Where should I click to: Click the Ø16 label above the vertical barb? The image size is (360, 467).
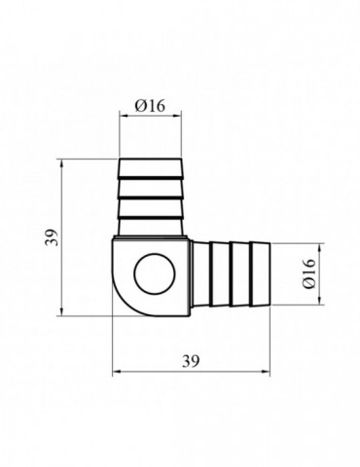[x=150, y=105]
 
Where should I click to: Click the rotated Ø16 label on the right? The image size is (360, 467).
[x=308, y=273]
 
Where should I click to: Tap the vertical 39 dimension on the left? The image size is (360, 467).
[x=52, y=237]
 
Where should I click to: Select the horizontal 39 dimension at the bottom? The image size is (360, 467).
[x=191, y=361]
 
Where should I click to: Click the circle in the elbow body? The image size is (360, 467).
[x=156, y=274]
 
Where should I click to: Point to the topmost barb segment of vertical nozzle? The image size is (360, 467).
[x=150, y=168]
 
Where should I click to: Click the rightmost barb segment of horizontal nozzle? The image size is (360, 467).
[x=260, y=274]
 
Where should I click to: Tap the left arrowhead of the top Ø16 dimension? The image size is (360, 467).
[x=123, y=115]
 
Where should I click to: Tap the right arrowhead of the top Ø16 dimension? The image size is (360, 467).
[x=178, y=115]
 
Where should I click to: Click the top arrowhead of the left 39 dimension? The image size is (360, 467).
[x=61, y=163]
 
